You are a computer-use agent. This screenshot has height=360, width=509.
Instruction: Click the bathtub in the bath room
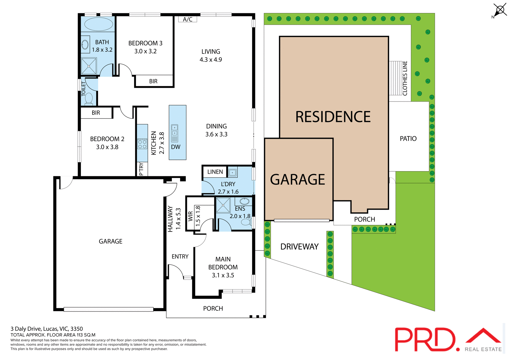click(98, 24)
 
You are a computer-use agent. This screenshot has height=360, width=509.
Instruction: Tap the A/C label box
click(187, 19)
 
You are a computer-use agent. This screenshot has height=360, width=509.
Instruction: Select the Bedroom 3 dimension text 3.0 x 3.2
click(145, 51)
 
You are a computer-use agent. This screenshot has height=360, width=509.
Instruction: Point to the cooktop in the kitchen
click(142, 144)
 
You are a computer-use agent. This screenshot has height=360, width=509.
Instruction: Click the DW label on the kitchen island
click(175, 147)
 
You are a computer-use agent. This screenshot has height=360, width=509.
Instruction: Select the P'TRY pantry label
click(141, 169)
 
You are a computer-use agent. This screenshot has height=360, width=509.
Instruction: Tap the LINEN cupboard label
click(215, 172)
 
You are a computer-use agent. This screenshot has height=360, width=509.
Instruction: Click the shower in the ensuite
click(223, 205)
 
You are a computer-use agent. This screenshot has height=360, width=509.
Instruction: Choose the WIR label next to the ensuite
click(190, 216)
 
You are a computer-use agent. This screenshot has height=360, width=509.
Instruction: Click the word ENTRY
click(180, 256)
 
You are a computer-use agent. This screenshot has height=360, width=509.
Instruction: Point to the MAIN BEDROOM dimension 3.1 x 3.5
click(223, 275)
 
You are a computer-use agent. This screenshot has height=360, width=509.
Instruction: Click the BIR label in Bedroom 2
click(96, 113)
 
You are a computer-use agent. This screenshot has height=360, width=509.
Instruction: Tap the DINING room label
click(216, 126)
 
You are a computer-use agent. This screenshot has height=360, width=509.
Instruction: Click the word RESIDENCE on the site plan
click(333, 117)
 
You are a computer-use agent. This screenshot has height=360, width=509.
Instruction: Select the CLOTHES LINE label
click(405, 78)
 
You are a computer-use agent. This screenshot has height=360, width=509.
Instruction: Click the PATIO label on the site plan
click(408, 139)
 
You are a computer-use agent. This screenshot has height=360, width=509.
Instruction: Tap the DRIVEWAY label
click(299, 247)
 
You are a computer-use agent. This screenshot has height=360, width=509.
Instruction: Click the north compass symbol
click(500, 10)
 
